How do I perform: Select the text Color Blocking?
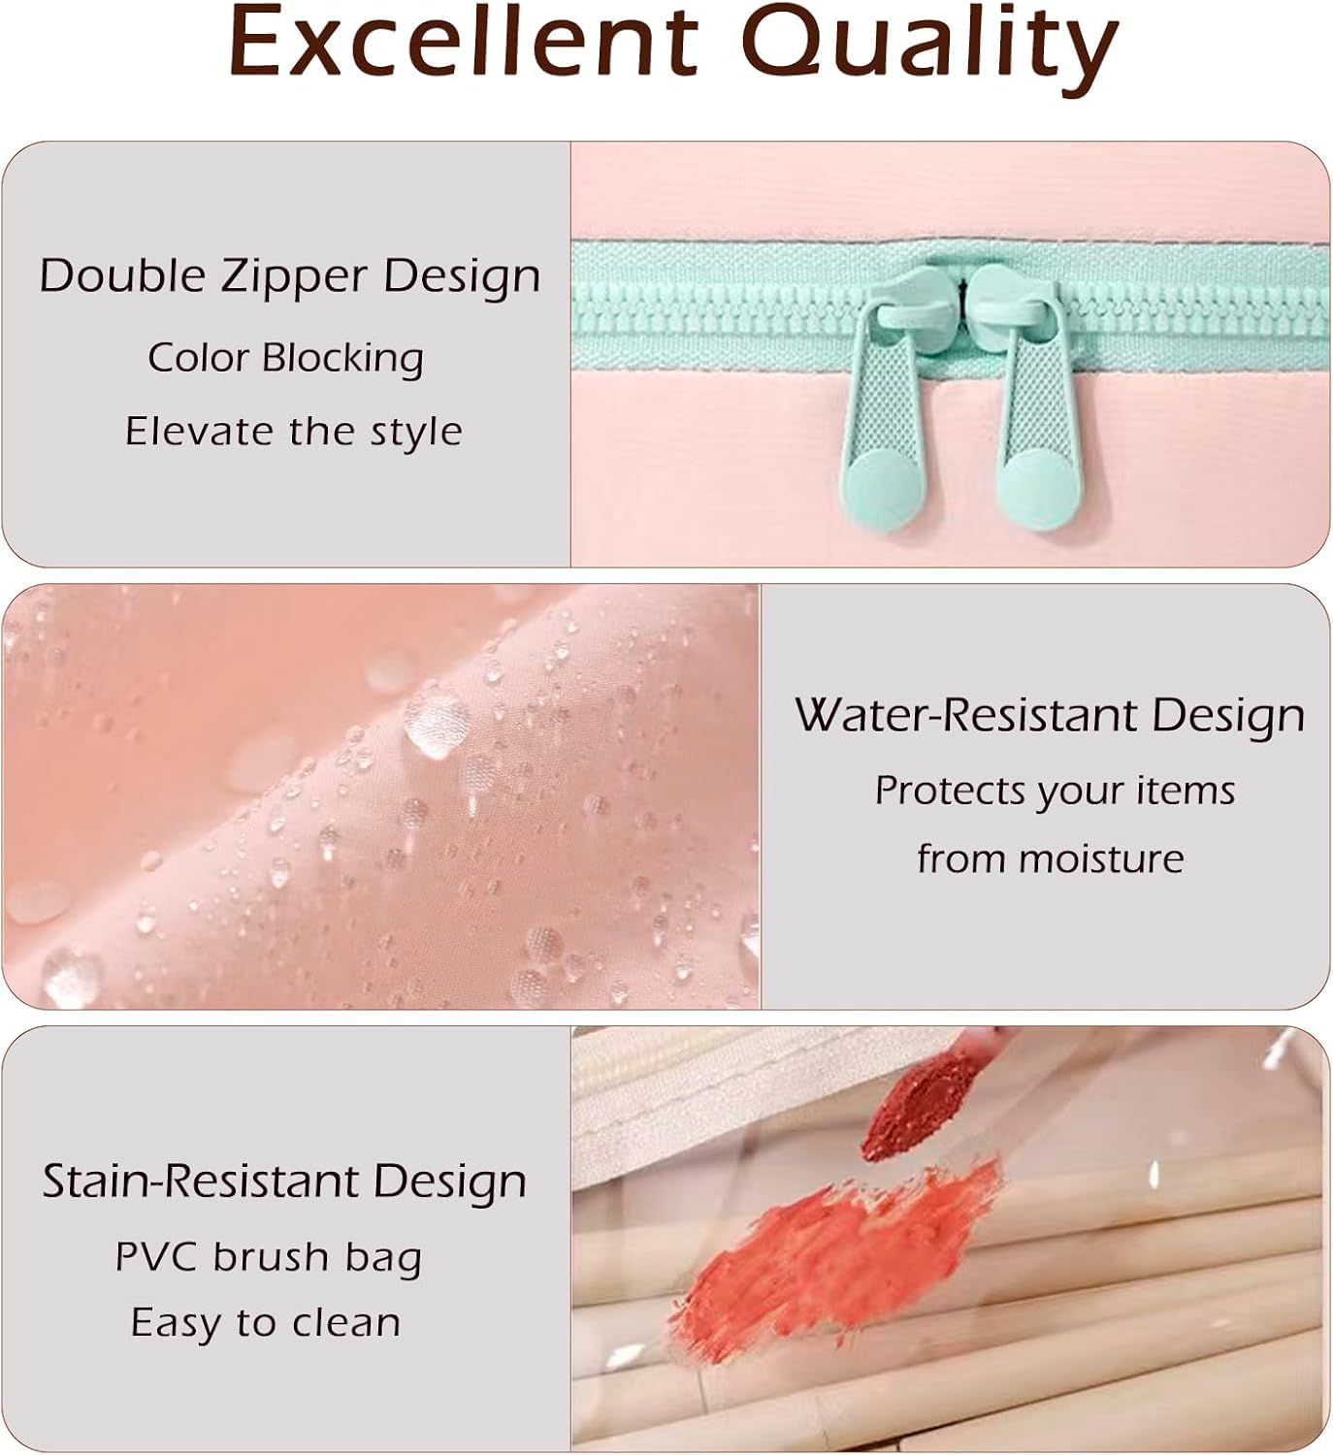pyautogui.click(x=285, y=358)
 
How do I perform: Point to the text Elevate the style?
pyautogui.click(x=293, y=431)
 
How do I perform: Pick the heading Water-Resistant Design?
pyautogui.click(x=1050, y=716)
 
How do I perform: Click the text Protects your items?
pyautogui.click(x=1055, y=791)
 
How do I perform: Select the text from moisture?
pyautogui.click(x=1051, y=858)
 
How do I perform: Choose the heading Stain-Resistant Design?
pyautogui.click(x=284, y=1180)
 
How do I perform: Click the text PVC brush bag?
pyautogui.click(x=269, y=1257)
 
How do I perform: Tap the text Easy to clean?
pyautogui.click(x=266, y=1323)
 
